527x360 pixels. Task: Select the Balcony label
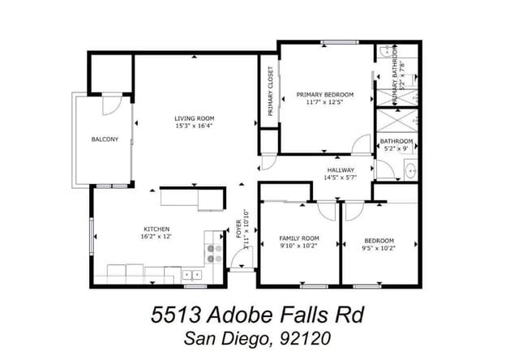pyautogui.click(x=105, y=139)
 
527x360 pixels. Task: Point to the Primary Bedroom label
pyautogui.click(x=325, y=94)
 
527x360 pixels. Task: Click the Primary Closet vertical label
pyautogui.click(x=271, y=92)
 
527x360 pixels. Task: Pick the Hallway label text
pyautogui.click(x=341, y=169)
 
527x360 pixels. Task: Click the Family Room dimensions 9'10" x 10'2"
pyautogui.click(x=298, y=246)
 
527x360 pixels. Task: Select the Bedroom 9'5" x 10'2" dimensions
pyautogui.click(x=379, y=249)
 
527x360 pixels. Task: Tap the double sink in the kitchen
pyautogui.click(x=192, y=274)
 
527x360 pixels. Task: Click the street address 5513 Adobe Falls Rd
pyautogui.click(x=264, y=313)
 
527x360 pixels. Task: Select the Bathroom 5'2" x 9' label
pyautogui.click(x=396, y=145)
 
